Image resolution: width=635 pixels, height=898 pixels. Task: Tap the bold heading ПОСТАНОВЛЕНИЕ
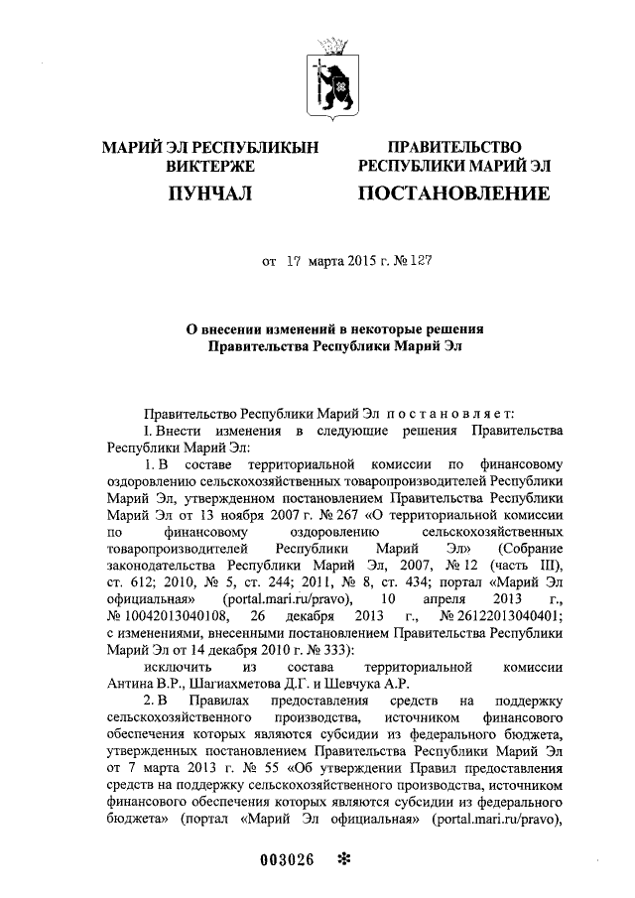point(453,192)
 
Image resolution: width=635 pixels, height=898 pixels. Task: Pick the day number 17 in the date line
point(293,262)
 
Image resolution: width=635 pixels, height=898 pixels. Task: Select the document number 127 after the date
point(420,262)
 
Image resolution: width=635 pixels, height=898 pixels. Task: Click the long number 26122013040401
point(511,616)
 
